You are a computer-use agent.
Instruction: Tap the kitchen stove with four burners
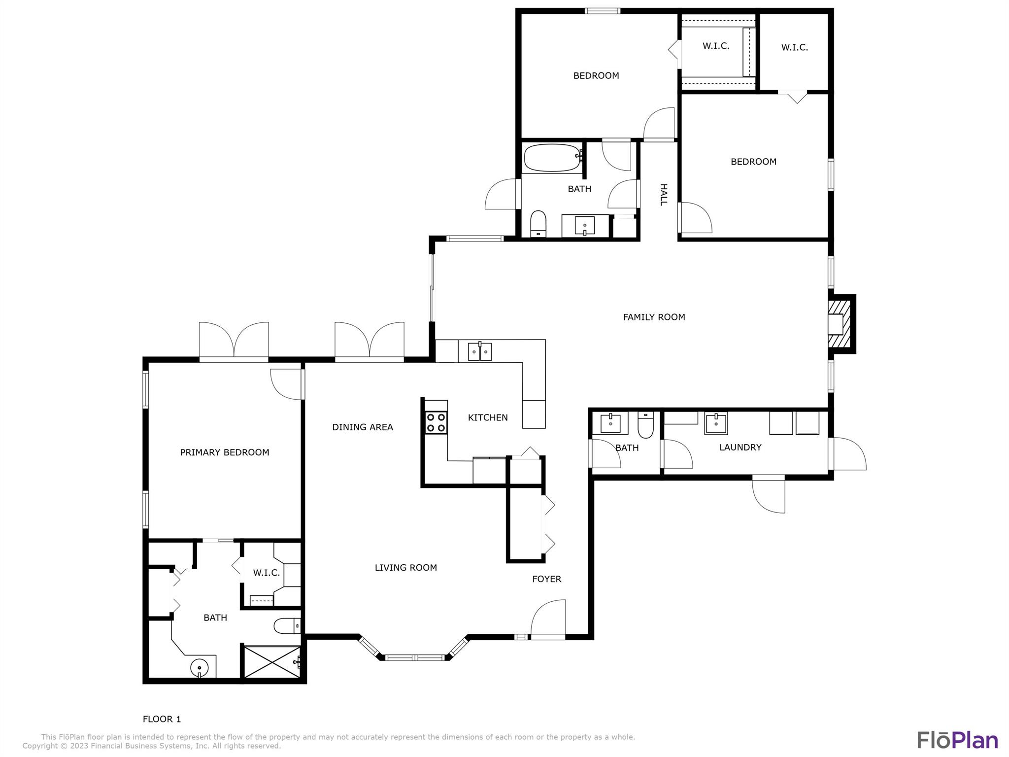(x=436, y=422)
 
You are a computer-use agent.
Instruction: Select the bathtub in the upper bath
(x=552, y=158)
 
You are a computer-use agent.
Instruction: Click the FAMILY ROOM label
(x=654, y=317)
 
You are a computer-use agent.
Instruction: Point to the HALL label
(x=663, y=195)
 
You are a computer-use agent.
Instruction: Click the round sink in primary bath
(x=200, y=668)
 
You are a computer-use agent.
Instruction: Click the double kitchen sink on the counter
(x=479, y=352)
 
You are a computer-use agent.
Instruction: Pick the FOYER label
(x=546, y=579)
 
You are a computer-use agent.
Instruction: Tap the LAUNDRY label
(x=740, y=447)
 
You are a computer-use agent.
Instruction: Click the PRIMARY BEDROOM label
(x=225, y=452)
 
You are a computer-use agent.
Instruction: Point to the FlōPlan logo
(x=957, y=740)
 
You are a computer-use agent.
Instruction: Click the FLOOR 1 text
(x=162, y=719)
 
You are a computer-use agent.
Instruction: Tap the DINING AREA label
(x=363, y=427)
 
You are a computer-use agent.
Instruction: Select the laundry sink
(x=715, y=423)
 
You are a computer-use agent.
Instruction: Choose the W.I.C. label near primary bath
(x=267, y=573)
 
